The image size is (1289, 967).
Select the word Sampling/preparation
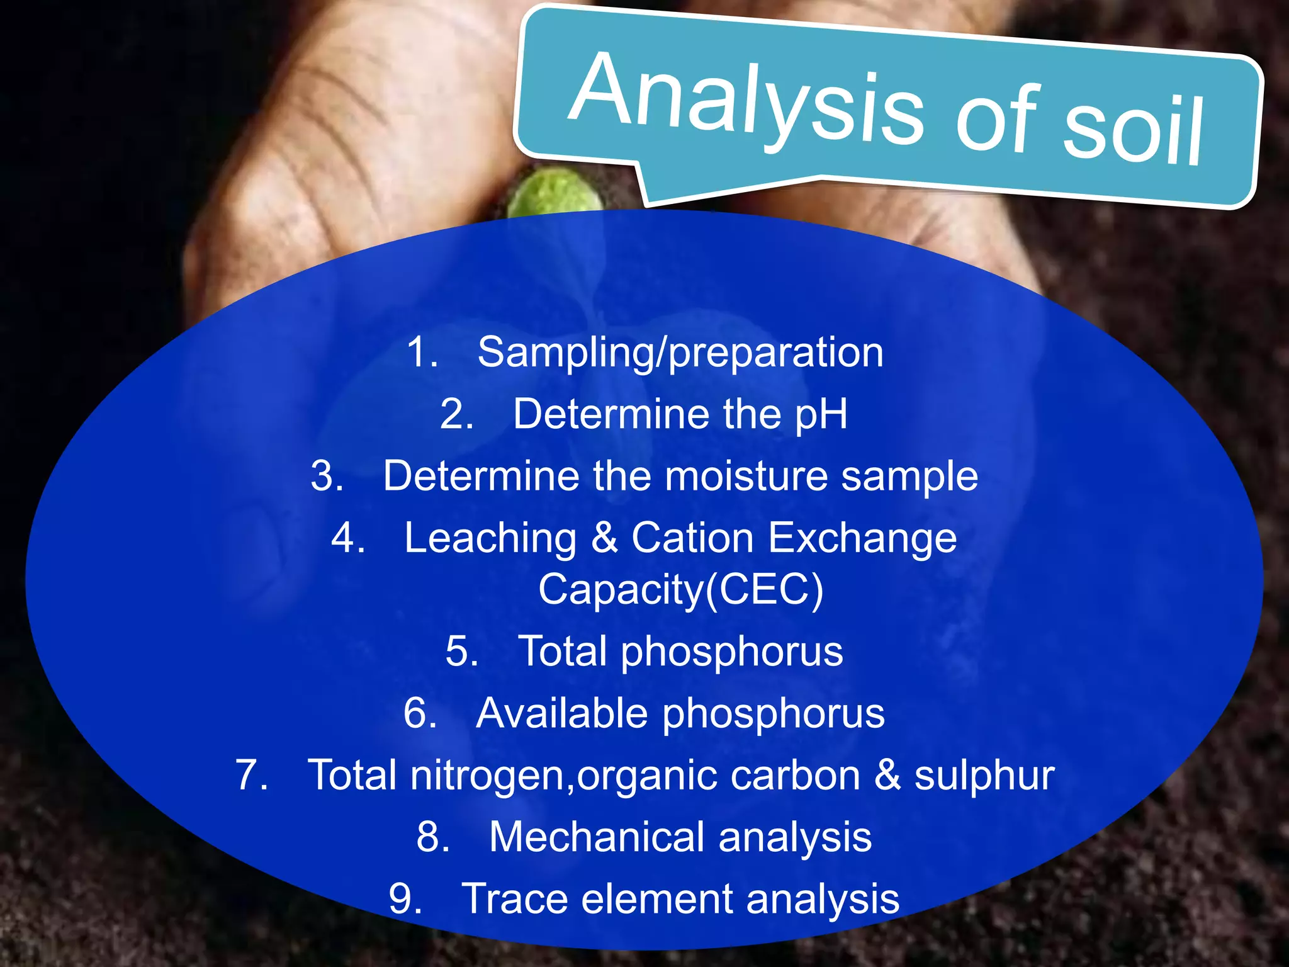(x=680, y=353)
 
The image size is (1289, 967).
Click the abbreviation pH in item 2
(x=821, y=415)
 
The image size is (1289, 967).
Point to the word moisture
(x=746, y=476)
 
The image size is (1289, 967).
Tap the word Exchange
(x=862, y=538)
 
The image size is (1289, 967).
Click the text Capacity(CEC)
(x=680, y=590)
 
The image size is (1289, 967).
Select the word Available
(x=561, y=713)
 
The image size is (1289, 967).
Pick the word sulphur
(x=984, y=776)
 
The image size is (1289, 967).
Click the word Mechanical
(x=597, y=837)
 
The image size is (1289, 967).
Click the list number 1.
(x=420, y=353)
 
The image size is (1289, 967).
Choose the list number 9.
(x=403, y=899)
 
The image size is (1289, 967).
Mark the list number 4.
(x=346, y=538)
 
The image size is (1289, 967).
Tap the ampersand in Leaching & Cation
(x=604, y=538)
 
